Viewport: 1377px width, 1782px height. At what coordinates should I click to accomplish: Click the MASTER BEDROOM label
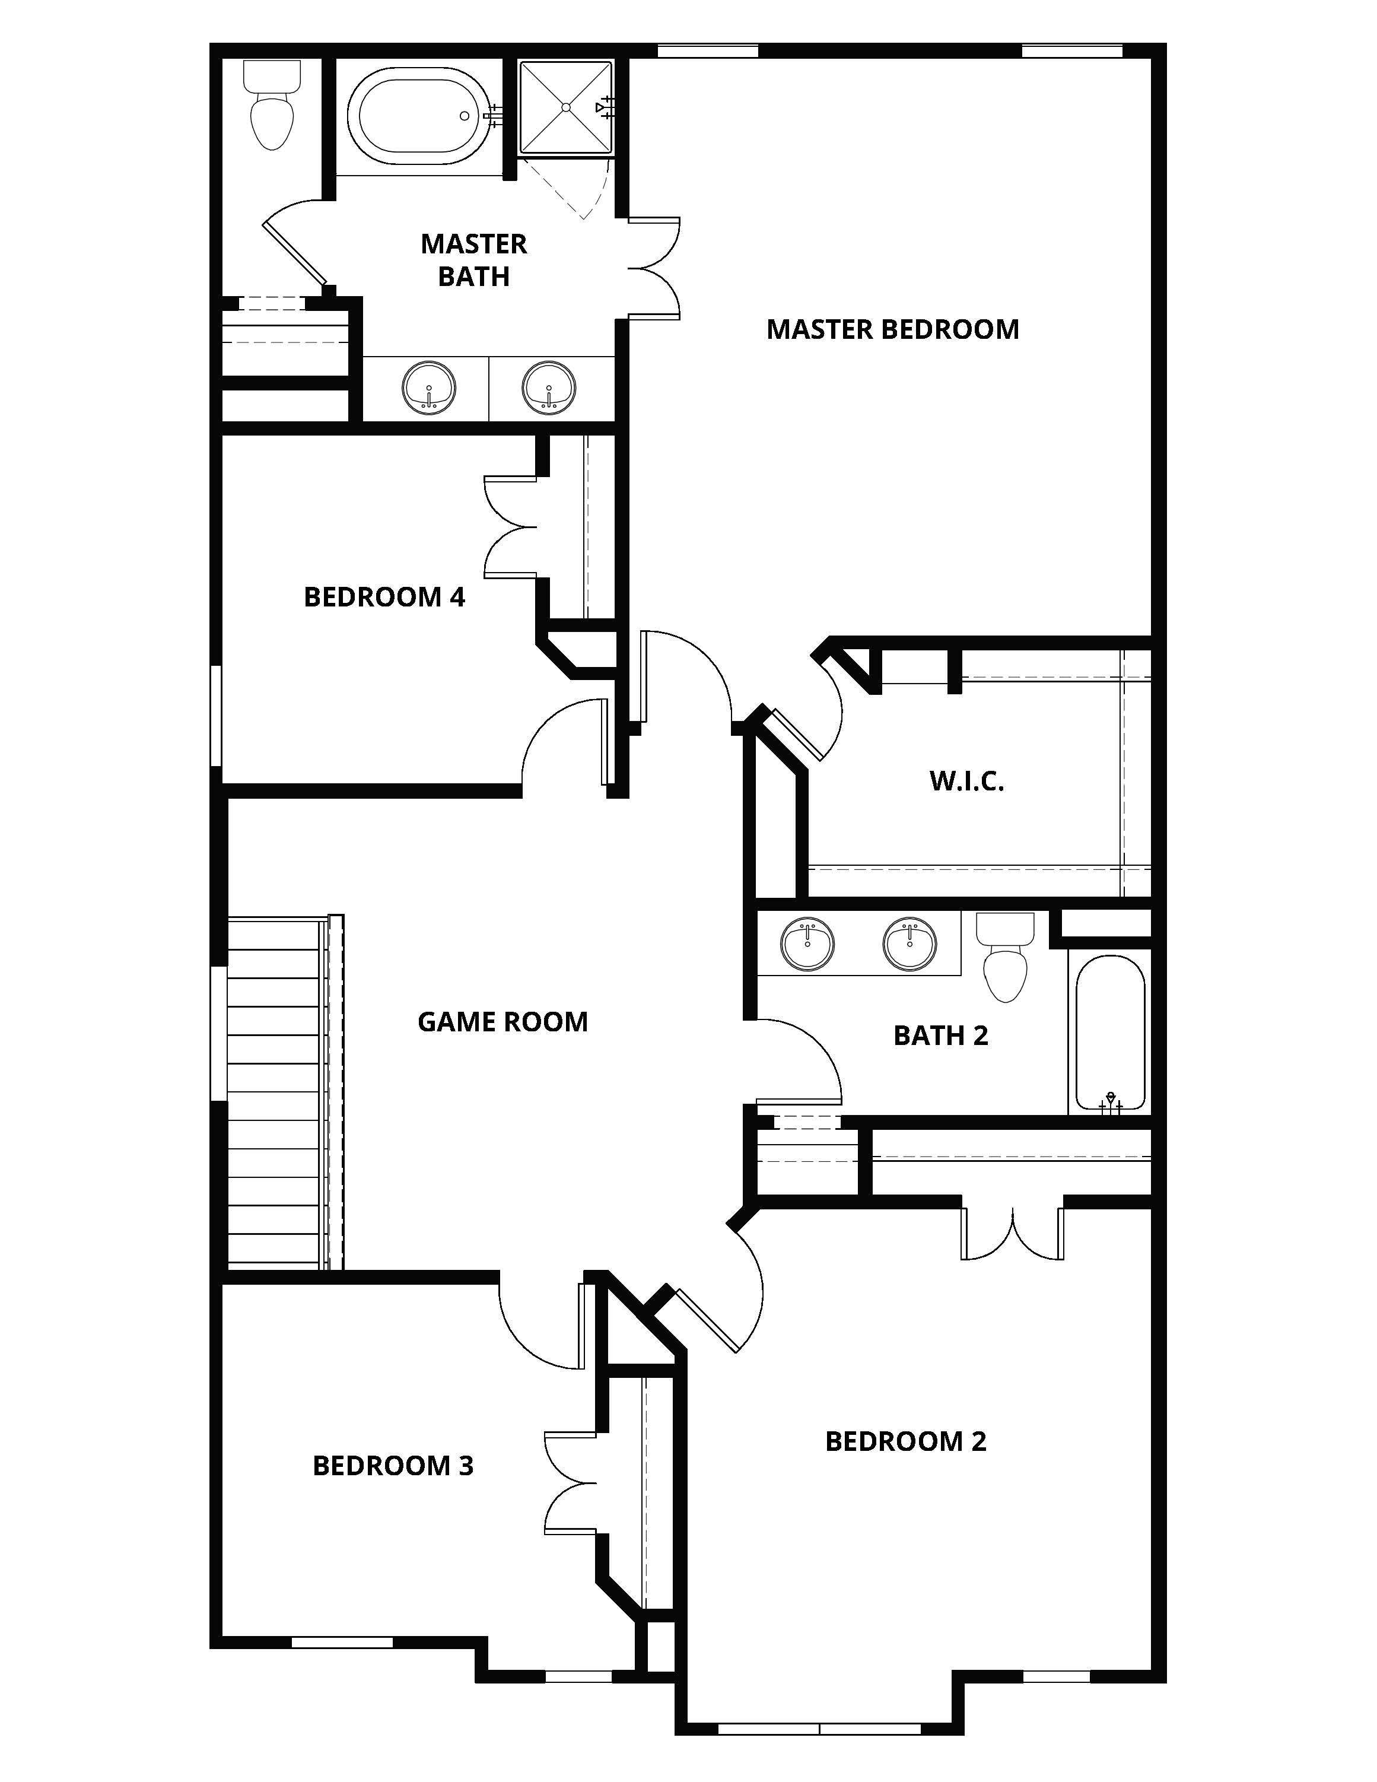click(892, 329)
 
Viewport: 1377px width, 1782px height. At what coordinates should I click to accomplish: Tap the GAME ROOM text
click(503, 1022)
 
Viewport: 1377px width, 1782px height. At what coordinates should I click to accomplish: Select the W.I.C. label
click(966, 781)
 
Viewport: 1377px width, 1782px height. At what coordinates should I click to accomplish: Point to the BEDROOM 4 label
click(384, 596)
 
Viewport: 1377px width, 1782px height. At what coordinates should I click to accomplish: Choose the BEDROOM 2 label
click(905, 1441)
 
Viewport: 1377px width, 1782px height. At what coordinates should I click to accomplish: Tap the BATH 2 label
click(940, 1035)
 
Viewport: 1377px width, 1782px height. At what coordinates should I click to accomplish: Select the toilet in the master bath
click(272, 105)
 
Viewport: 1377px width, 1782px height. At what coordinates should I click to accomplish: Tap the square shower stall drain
click(565, 107)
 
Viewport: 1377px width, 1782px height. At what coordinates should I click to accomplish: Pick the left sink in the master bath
click(429, 387)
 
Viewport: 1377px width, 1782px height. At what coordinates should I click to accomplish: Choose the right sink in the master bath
click(550, 387)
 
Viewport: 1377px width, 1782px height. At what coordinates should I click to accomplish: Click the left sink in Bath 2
click(807, 945)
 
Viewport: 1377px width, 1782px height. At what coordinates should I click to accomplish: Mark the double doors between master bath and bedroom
click(654, 268)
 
